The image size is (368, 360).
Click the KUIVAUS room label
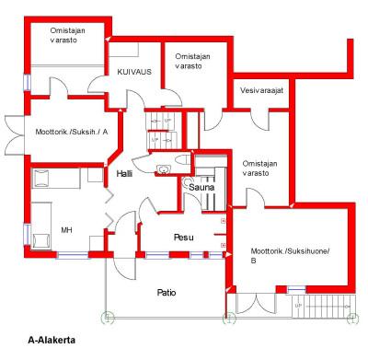pos(134,72)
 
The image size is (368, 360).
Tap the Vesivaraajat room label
pos(261,90)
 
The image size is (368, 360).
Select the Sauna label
pos(201,187)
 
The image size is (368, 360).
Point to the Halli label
pos(124,174)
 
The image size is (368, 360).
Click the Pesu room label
pos(184,238)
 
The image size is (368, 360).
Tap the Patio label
pos(167,293)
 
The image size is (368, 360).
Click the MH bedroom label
pos(66,230)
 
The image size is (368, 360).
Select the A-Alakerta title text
pos(52,340)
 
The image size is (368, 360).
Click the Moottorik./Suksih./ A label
pos(72,133)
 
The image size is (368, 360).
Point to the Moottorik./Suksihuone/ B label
pos(290,256)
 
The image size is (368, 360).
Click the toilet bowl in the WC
pos(182,160)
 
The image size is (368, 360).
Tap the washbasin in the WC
pos(164,168)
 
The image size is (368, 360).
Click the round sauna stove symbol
pos(187,183)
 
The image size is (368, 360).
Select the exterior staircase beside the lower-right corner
pos(323,307)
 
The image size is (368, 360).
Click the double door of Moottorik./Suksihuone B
pos(256,304)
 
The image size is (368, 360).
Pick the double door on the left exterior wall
pos(15,135)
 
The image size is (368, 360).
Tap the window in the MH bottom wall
pos(73,255)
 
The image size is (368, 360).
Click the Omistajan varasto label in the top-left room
pos(67,35)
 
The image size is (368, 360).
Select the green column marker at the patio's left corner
pos(108,318)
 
